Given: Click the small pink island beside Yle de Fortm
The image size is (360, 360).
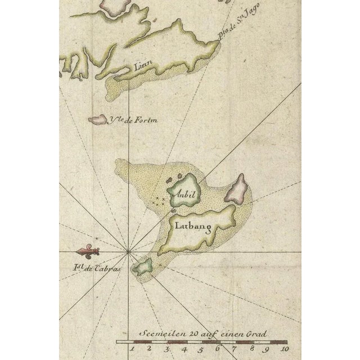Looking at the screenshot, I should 98,119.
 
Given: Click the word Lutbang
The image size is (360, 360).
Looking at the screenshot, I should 192,227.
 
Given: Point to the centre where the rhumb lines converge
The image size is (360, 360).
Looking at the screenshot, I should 129,251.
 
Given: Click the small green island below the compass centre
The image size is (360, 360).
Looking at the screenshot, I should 142,267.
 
